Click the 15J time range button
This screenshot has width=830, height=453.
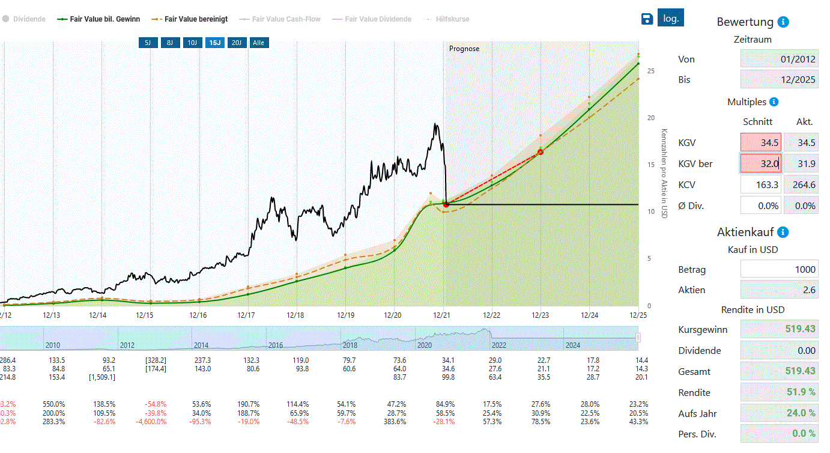214,43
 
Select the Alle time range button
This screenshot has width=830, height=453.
258,43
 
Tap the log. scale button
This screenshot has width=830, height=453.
670,18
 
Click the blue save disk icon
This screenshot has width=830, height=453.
647,19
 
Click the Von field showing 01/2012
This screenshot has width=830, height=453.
779,59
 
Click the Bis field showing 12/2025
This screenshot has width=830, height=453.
779,79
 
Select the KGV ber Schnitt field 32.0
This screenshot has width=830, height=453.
760,163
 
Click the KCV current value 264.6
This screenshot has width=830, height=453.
801,184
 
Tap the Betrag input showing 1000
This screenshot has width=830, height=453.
779,270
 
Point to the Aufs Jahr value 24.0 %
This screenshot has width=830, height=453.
779,413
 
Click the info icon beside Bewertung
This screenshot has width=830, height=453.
783,22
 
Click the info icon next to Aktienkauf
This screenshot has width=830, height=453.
783,232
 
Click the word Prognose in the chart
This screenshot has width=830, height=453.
464,49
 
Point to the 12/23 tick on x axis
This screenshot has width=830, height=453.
541,315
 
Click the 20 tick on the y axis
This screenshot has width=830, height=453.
650,118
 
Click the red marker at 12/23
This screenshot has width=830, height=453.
540,152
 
